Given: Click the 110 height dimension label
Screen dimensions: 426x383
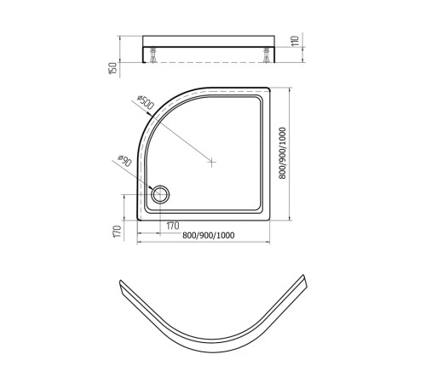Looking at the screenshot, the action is coord(296,41).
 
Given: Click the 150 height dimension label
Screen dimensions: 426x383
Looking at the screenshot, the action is coord(112,68).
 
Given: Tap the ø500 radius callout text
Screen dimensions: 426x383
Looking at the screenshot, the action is coord(146,102).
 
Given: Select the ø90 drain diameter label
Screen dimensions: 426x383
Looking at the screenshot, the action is coord(124,161).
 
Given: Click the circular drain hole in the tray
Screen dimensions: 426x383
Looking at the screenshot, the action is coord(160,194).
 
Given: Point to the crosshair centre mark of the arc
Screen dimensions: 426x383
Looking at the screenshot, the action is coord(211,162).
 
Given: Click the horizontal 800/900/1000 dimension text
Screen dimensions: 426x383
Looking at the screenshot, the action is coord(209,235).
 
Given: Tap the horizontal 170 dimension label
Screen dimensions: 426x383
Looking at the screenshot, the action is coord(173,226).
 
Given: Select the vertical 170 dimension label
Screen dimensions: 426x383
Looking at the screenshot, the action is coord(117,232).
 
